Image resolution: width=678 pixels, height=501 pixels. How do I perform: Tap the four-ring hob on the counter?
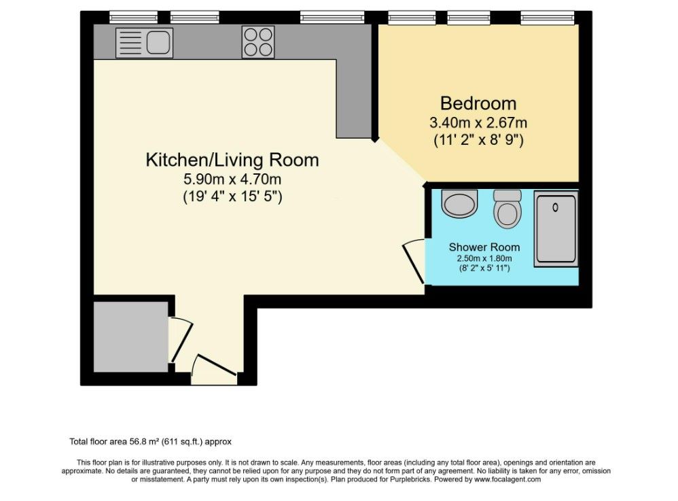click(x=258, y=42)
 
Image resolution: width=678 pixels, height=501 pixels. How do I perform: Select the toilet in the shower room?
click(x=507, y=209)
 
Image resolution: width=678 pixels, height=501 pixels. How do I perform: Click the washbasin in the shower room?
click(x=459, y=203)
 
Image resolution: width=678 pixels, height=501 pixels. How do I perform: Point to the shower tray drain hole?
click(x=556, y=207)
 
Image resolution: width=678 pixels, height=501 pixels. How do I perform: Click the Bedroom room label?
click(x=478, y=103)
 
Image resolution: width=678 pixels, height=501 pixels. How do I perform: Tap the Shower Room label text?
click(x=484, y=247)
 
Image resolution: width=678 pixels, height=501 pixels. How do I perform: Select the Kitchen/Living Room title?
click(x=232, y=160)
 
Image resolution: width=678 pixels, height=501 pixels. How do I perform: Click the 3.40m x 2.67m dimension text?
click(x=478, y=123)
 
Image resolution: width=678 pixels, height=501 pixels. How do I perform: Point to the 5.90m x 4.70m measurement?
click(x=232, y=179)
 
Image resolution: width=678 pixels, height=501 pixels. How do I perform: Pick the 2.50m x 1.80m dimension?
click(x=484, y=259)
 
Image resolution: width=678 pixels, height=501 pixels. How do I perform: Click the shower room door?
click(x=413, y=261)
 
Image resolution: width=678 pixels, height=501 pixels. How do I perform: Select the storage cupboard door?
click(x=181, y=340)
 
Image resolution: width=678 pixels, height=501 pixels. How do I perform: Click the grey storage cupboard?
click(x=130, y=336)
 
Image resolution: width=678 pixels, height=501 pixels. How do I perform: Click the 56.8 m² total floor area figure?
click(x=145, y=442)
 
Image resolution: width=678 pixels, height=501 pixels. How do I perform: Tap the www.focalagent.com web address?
click(x=507, y=479)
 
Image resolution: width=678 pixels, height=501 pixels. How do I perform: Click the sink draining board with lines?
click(x=131, y=43)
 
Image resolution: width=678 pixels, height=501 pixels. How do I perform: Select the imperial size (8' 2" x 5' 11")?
click(x=484, y=269)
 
